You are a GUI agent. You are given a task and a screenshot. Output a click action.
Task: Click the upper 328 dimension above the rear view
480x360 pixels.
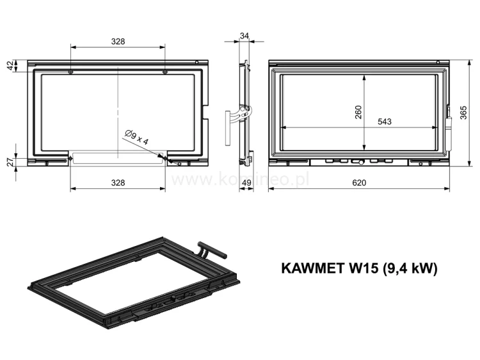pos(117,41)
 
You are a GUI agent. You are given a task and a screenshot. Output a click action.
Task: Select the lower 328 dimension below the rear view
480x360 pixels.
pos(117,183)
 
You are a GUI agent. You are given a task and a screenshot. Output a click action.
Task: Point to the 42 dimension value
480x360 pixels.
pos(10,66)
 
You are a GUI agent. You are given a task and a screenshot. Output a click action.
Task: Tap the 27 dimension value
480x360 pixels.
pos(10,162)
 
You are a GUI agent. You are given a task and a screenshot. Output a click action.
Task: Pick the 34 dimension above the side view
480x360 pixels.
pos(243,36)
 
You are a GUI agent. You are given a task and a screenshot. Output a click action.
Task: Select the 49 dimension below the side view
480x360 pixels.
pos(246,183)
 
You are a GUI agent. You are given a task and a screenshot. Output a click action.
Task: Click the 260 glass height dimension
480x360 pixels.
pos(358,112)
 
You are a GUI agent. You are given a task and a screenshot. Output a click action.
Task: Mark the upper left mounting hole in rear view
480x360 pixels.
pos(70,72)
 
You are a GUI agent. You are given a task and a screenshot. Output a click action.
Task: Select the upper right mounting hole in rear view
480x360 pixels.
pos(165,72)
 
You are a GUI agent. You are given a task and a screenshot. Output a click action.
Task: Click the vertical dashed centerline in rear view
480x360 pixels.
pos(118,109)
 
